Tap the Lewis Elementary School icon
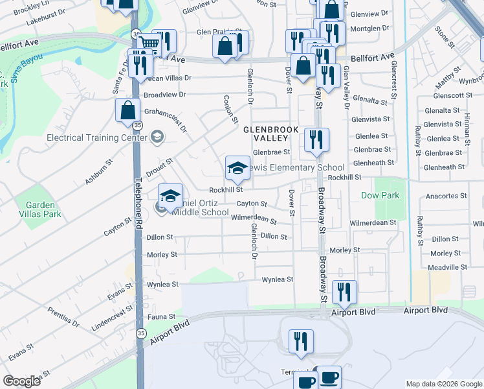coord(237,168)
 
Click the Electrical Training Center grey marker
coord(156,137)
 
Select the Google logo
coord(22,381)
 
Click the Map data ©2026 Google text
coord(443,384)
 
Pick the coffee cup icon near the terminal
coord(329,378)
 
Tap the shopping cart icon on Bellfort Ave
coord(149,43)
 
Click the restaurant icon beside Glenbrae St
coord(316,140)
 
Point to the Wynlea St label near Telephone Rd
coord(162,284)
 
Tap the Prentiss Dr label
coord(63,317)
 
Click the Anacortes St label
coord(446,195)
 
